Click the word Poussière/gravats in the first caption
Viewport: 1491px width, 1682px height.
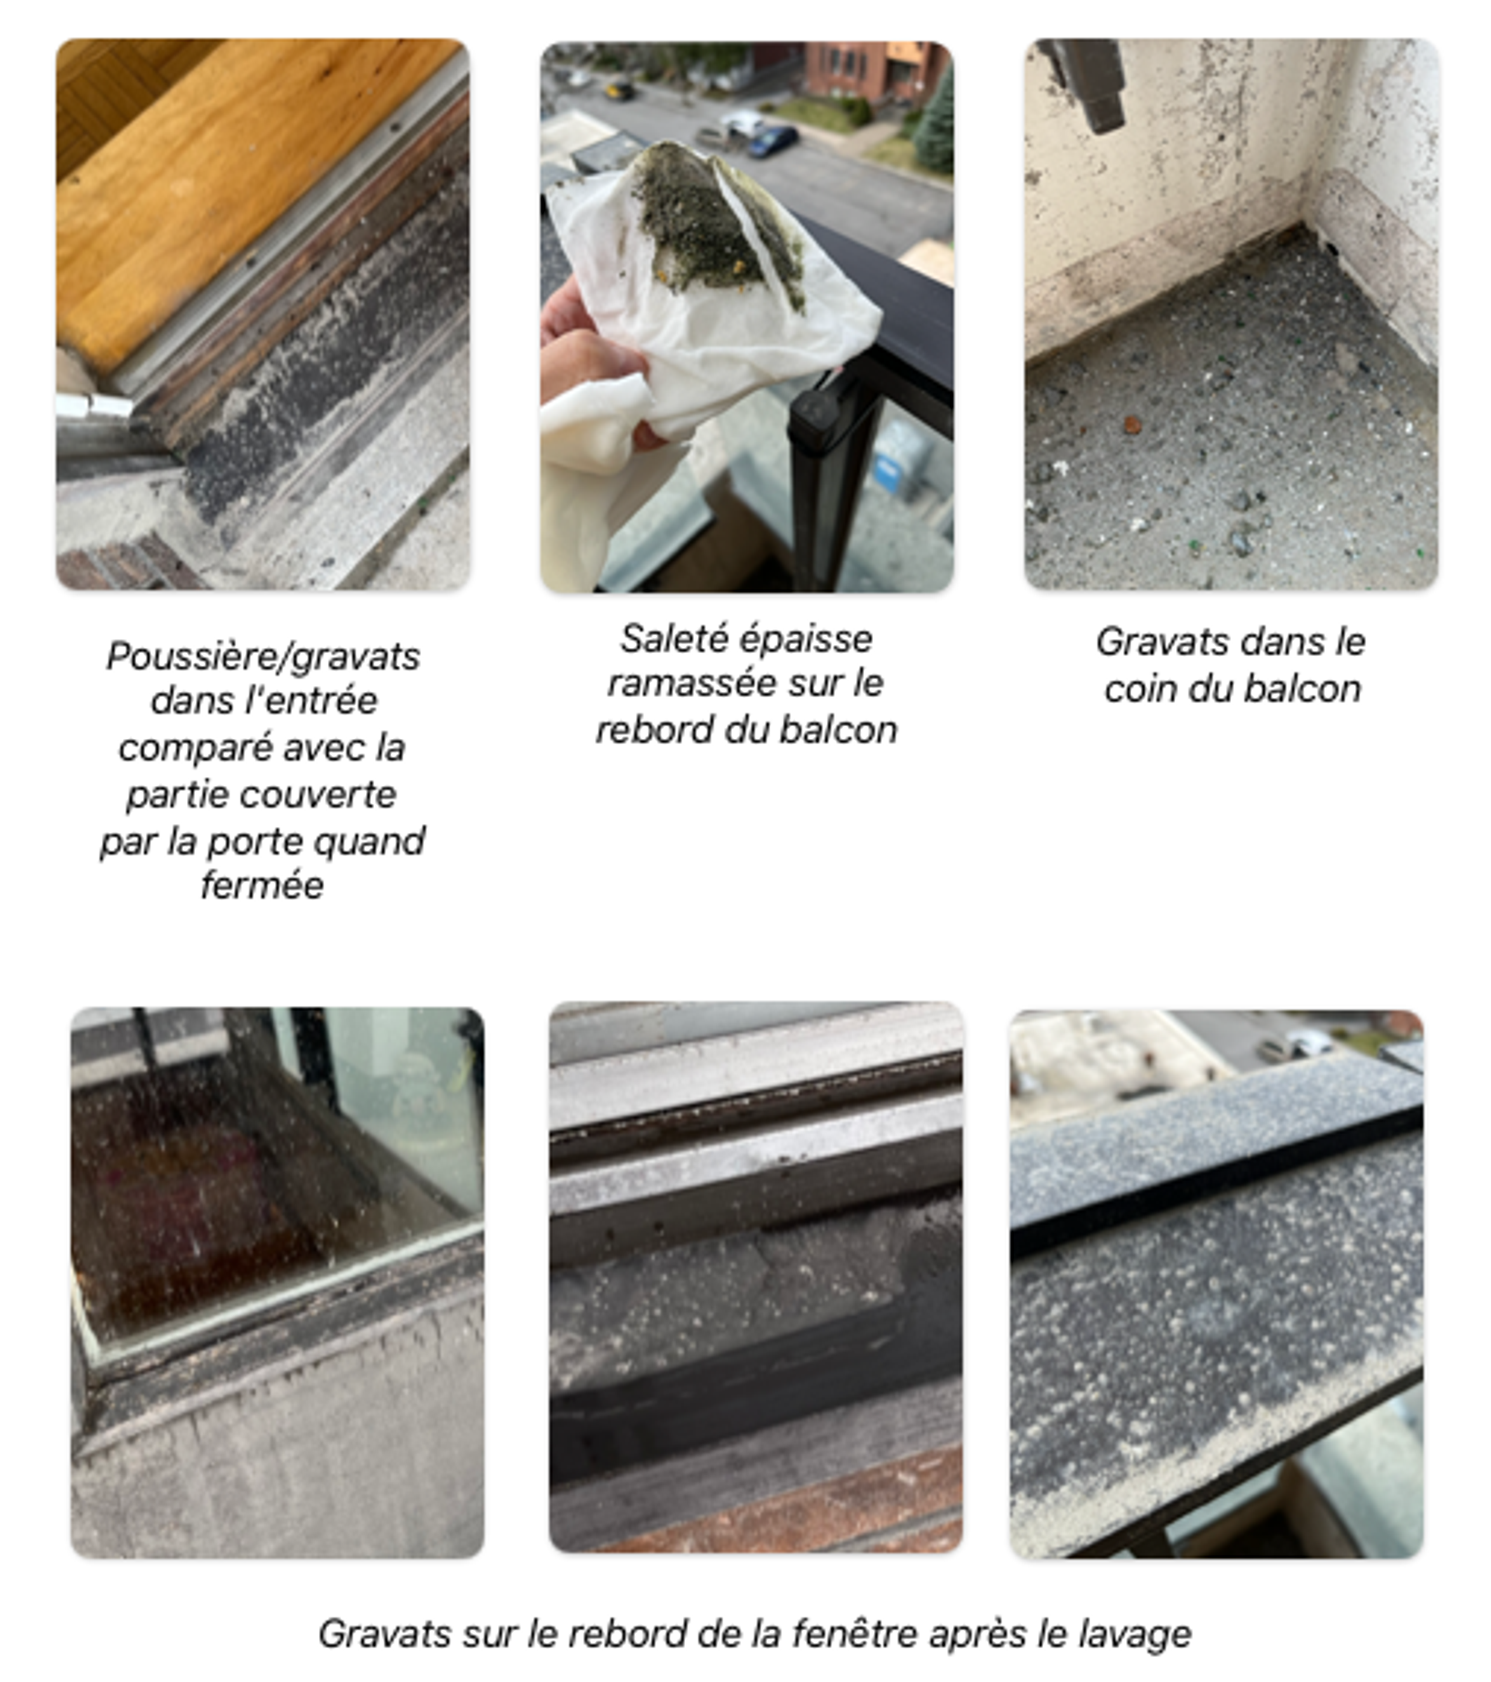[263, 657]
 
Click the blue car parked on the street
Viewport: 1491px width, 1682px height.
[773, 141]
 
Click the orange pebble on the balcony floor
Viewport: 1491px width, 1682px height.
[1133, 424]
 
